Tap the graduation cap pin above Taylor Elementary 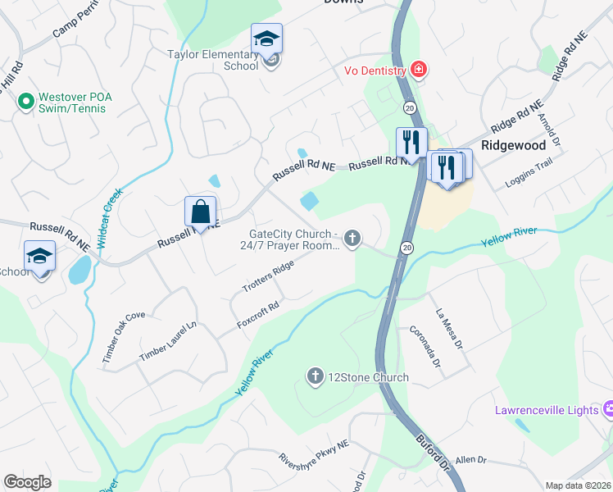tap(266, 39)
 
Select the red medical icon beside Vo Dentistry tap(419, 70)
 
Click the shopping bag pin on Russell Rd tap(200, 212)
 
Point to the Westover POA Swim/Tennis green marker tap(25, 102)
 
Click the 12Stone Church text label tap(367, 377)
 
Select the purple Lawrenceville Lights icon tap(607, 408)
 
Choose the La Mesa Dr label tap(450, 326)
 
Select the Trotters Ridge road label tap(267, 276)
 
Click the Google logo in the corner tap(27, 482)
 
